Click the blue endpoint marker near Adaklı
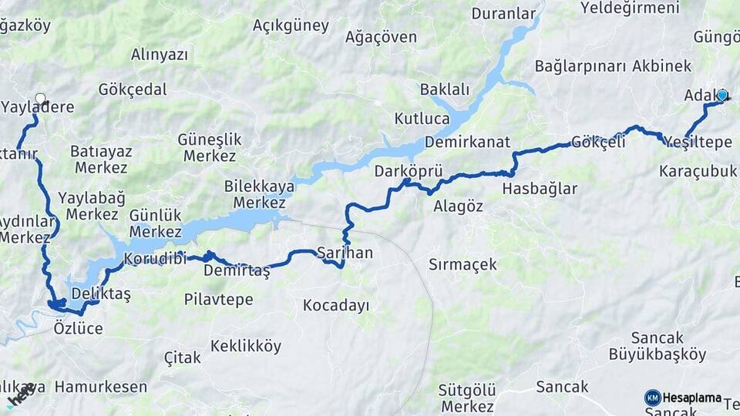[x=722, y=96]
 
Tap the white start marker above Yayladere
[x=40, y=99]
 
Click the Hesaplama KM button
[x=682, y=398]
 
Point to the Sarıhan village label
[x=345, y=253]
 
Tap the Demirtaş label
[x=237, y=270]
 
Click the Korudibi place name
[x=156, y=258]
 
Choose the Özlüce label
[x=78, y=328]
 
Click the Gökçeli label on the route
[x=598, y=142]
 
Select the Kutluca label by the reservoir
[x=422, y=119]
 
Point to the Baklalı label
[x=444, y=89]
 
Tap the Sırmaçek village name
[x=462, y=264]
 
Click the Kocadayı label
[x=335, y=305]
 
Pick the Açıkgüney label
[x=291, y=25]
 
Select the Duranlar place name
[x=503, y=13]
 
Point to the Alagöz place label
[x=458, y=206]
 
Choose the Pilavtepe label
[x=218, y=299]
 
